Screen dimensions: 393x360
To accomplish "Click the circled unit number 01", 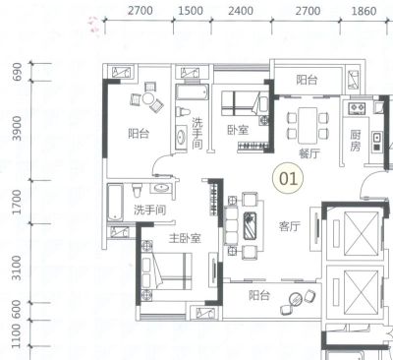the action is point(288,179).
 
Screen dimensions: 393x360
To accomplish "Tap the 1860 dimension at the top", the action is point(364,11).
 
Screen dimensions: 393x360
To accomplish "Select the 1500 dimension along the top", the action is point(191,11).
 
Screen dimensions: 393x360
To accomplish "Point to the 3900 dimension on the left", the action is point(17,128).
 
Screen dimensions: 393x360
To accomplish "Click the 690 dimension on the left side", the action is point(17,72).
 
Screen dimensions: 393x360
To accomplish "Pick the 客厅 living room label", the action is point(290,226).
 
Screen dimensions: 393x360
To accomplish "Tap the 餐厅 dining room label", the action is point(309,153).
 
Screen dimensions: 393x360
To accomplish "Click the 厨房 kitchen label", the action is point(355,141).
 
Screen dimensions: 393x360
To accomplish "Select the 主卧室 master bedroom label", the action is point(185,238).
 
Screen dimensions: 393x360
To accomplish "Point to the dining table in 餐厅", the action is point(308,125).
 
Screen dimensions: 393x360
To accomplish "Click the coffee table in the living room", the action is point(251,226).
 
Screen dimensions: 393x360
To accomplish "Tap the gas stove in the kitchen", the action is point(357,108).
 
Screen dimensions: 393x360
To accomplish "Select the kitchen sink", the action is point(377,137).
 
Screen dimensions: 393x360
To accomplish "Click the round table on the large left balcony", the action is point(147,98).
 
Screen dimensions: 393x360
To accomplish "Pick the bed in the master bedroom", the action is point(166,271).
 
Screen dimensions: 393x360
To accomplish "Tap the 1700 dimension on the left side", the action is point(17,202).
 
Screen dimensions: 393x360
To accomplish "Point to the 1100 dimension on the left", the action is point(17,335).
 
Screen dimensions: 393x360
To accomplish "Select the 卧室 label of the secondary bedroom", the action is point(238,130).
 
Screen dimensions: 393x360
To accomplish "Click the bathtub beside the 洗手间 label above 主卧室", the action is point(115,202).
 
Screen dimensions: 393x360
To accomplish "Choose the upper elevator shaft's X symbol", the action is point(362,233).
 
